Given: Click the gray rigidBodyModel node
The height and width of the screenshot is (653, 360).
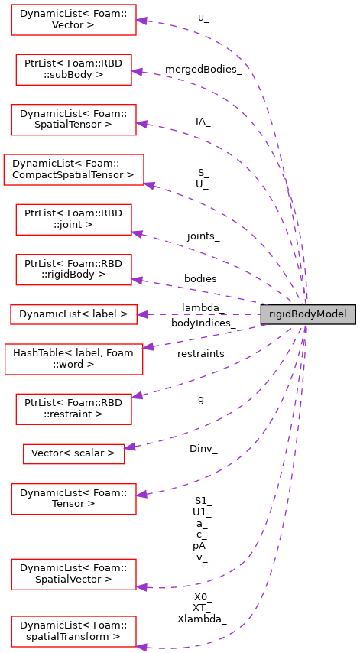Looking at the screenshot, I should (308, 314).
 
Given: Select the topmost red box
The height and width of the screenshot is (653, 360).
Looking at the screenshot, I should (73, 20).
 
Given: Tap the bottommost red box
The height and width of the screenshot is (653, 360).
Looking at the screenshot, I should (73, 632).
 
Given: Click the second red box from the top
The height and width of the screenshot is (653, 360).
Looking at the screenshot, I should (73, 70).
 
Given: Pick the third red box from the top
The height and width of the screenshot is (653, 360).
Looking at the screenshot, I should (73, 120).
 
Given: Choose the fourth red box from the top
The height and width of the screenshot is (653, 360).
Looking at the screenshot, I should (73, 170).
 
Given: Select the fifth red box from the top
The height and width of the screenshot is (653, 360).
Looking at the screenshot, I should (73, 219).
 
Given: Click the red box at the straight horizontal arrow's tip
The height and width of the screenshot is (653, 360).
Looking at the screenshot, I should (73, 314).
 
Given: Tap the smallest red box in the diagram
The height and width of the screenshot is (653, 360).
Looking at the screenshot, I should (73, 454).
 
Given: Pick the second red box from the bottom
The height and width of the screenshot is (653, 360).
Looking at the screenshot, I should (73, 574).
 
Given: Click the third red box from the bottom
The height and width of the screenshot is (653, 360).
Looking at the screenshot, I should (73, 499).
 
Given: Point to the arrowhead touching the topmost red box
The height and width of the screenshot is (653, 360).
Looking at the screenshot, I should (141, 21).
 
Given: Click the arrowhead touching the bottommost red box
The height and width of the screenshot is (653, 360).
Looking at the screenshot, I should (141, 647).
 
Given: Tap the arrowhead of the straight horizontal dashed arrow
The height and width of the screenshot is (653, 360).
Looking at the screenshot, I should (142, 314).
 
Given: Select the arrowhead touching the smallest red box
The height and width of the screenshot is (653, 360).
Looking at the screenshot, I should (130, 447).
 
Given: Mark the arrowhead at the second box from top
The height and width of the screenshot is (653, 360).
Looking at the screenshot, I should (137, 72).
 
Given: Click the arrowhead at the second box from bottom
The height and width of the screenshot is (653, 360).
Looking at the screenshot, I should (141, 587).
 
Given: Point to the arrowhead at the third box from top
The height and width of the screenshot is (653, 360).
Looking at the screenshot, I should (141, 123).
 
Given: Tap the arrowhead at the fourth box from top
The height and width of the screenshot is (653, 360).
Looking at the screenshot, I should (149, 185).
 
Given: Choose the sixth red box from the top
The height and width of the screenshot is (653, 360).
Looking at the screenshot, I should (73, 270).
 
